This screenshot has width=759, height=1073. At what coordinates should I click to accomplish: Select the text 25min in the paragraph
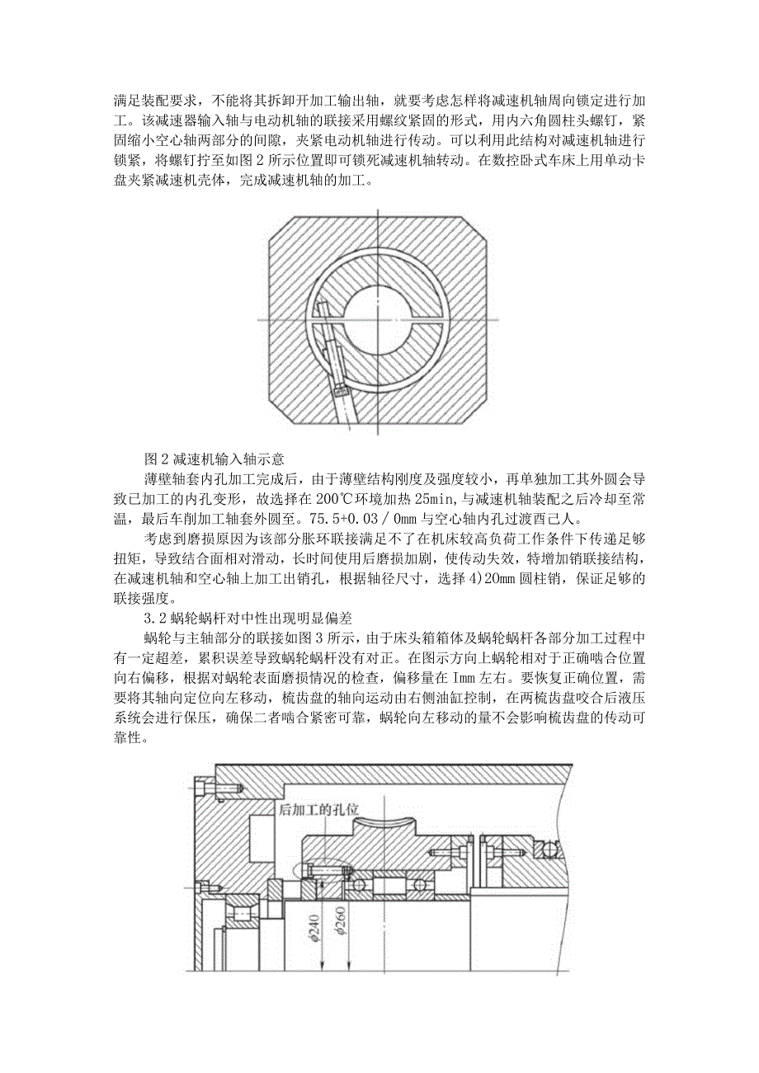455,497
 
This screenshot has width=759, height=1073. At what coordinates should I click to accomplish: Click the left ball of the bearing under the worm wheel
357,883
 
